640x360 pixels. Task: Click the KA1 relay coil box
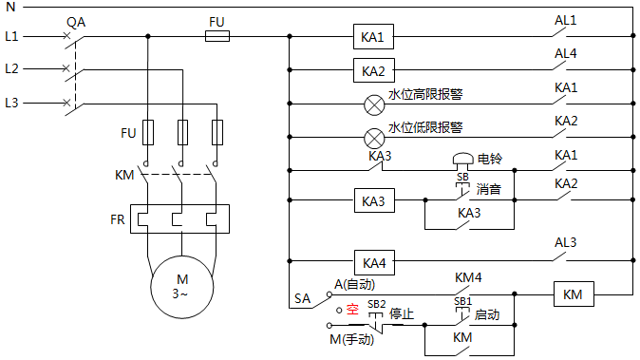tap(373, 37)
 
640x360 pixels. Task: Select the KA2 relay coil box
tap(373, 70)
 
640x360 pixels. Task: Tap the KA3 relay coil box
tap(373, 201)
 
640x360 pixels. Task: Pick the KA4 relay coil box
tap(373, 261)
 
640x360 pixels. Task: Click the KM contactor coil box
tap(573, 294)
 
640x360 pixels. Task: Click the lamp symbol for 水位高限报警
tap(374, 103)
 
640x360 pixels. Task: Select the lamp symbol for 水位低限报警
tap(374, 135)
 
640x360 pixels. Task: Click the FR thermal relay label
tap(117, 218)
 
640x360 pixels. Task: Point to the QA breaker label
tap(77, 20)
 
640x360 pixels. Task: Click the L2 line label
tap(11, 68)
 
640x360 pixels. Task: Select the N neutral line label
tap(10, 6)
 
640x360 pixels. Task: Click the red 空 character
tap(351, 309)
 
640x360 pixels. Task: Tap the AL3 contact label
tap(566, 242)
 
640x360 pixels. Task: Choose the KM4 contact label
tap(468, 277)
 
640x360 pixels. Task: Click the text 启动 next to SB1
tap(487, 313)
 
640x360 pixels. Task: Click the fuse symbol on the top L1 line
tap(217, 37)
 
